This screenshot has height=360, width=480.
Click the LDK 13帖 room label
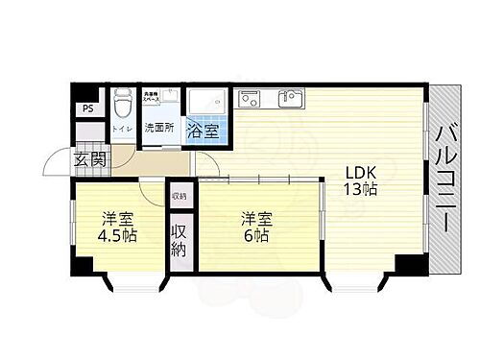tap(361, 180)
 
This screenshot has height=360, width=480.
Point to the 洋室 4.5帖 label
tap(116, 227)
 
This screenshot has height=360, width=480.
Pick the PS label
tap(88, 108)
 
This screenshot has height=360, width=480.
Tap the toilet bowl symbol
tap(122, 103)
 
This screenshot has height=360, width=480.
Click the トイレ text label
tap(122, 128)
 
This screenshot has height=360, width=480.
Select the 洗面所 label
tap(157, 128)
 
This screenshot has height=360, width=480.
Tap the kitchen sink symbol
tap(288, 98)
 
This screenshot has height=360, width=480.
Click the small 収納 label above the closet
tap(180, 196)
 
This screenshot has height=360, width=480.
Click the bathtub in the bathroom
tap(206, 102)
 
